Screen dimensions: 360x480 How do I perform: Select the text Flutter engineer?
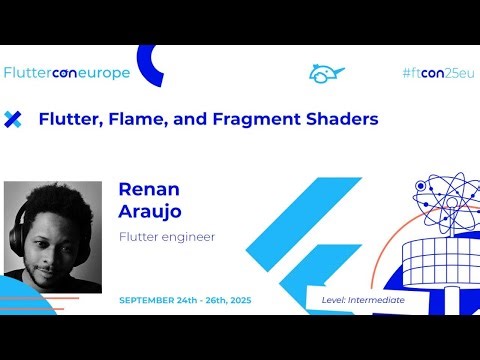[167, 237]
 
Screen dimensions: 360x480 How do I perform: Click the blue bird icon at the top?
[326, 73]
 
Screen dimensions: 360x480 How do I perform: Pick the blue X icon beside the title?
[13, 119]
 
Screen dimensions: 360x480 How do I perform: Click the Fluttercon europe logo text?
[68, 72]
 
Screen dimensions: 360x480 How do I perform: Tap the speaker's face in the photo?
[56, 235]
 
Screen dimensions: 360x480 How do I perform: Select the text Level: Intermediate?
[363, 300]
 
